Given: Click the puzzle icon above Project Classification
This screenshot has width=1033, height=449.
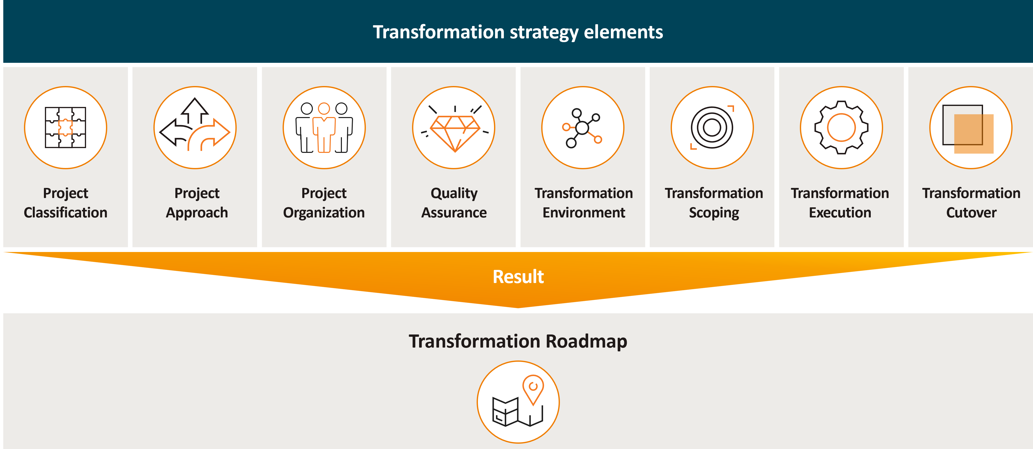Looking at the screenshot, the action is (65, 127).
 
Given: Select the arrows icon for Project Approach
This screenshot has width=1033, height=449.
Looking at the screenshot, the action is (195, 124).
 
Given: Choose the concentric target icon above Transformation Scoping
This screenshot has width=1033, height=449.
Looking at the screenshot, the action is (712, 127).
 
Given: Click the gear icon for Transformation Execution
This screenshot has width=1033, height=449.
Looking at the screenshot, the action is (841, 127).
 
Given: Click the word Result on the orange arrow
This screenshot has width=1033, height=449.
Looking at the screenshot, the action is (518, 277).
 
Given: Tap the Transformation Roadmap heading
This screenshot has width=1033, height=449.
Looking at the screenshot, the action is (518, 342).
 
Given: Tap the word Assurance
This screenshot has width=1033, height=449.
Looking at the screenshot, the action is (454, 212).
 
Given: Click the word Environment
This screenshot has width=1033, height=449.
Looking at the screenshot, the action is (584, 212).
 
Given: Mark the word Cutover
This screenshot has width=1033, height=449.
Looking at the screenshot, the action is (971, 212).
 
